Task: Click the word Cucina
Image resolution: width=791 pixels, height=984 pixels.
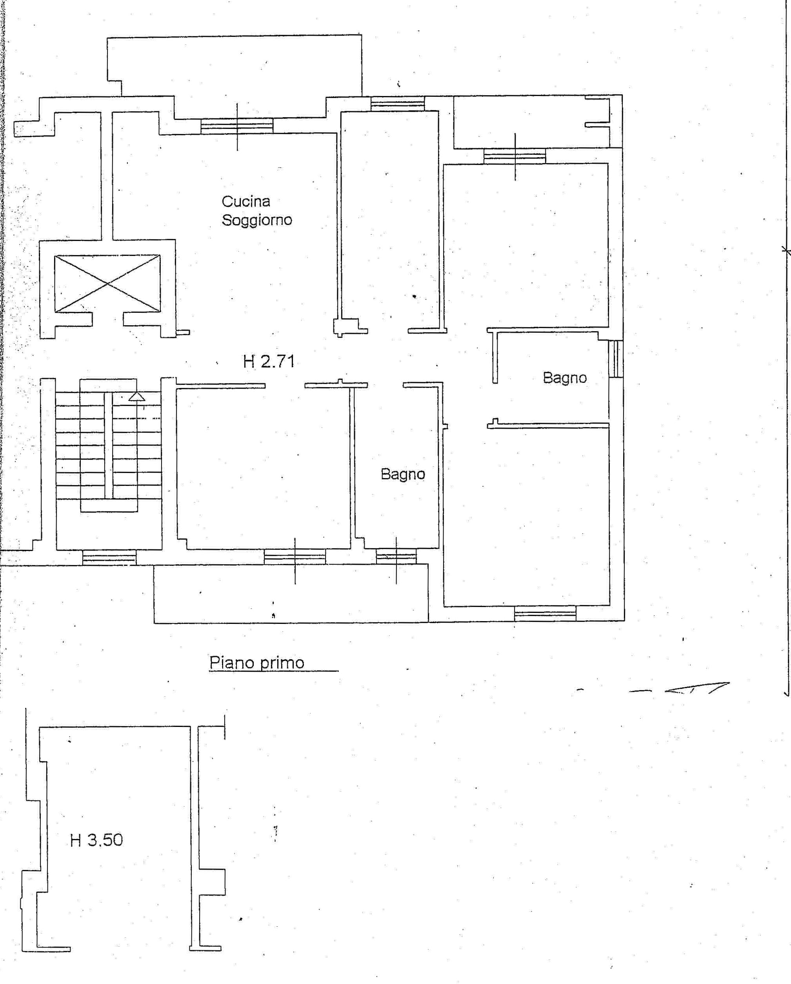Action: [x=246, y=201]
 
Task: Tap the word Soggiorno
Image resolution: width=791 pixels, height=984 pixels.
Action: [x=256, y=220]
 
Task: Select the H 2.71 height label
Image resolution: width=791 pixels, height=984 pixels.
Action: [x=269, y=361]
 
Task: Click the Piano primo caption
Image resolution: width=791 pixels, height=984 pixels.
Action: [x=256, y=663]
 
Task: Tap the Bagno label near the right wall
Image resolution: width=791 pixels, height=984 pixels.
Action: [x=564, y=378]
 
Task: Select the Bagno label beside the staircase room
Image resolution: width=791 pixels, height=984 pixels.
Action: [x=403, y=474]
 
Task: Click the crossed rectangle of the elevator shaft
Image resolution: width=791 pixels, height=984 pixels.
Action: [x=107, y=283]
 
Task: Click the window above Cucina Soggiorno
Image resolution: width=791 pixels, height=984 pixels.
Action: [x=237, y=126]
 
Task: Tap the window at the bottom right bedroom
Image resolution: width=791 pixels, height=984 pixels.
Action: [x=545, y=613]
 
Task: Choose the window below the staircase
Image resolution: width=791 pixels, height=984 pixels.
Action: [x=109, y=557]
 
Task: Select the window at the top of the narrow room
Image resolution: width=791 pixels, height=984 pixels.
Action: [x=397, y=103]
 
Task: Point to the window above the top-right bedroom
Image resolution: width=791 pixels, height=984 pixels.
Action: [x=515, y=156]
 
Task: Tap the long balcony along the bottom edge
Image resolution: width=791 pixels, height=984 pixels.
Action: [x=291, y=593]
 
